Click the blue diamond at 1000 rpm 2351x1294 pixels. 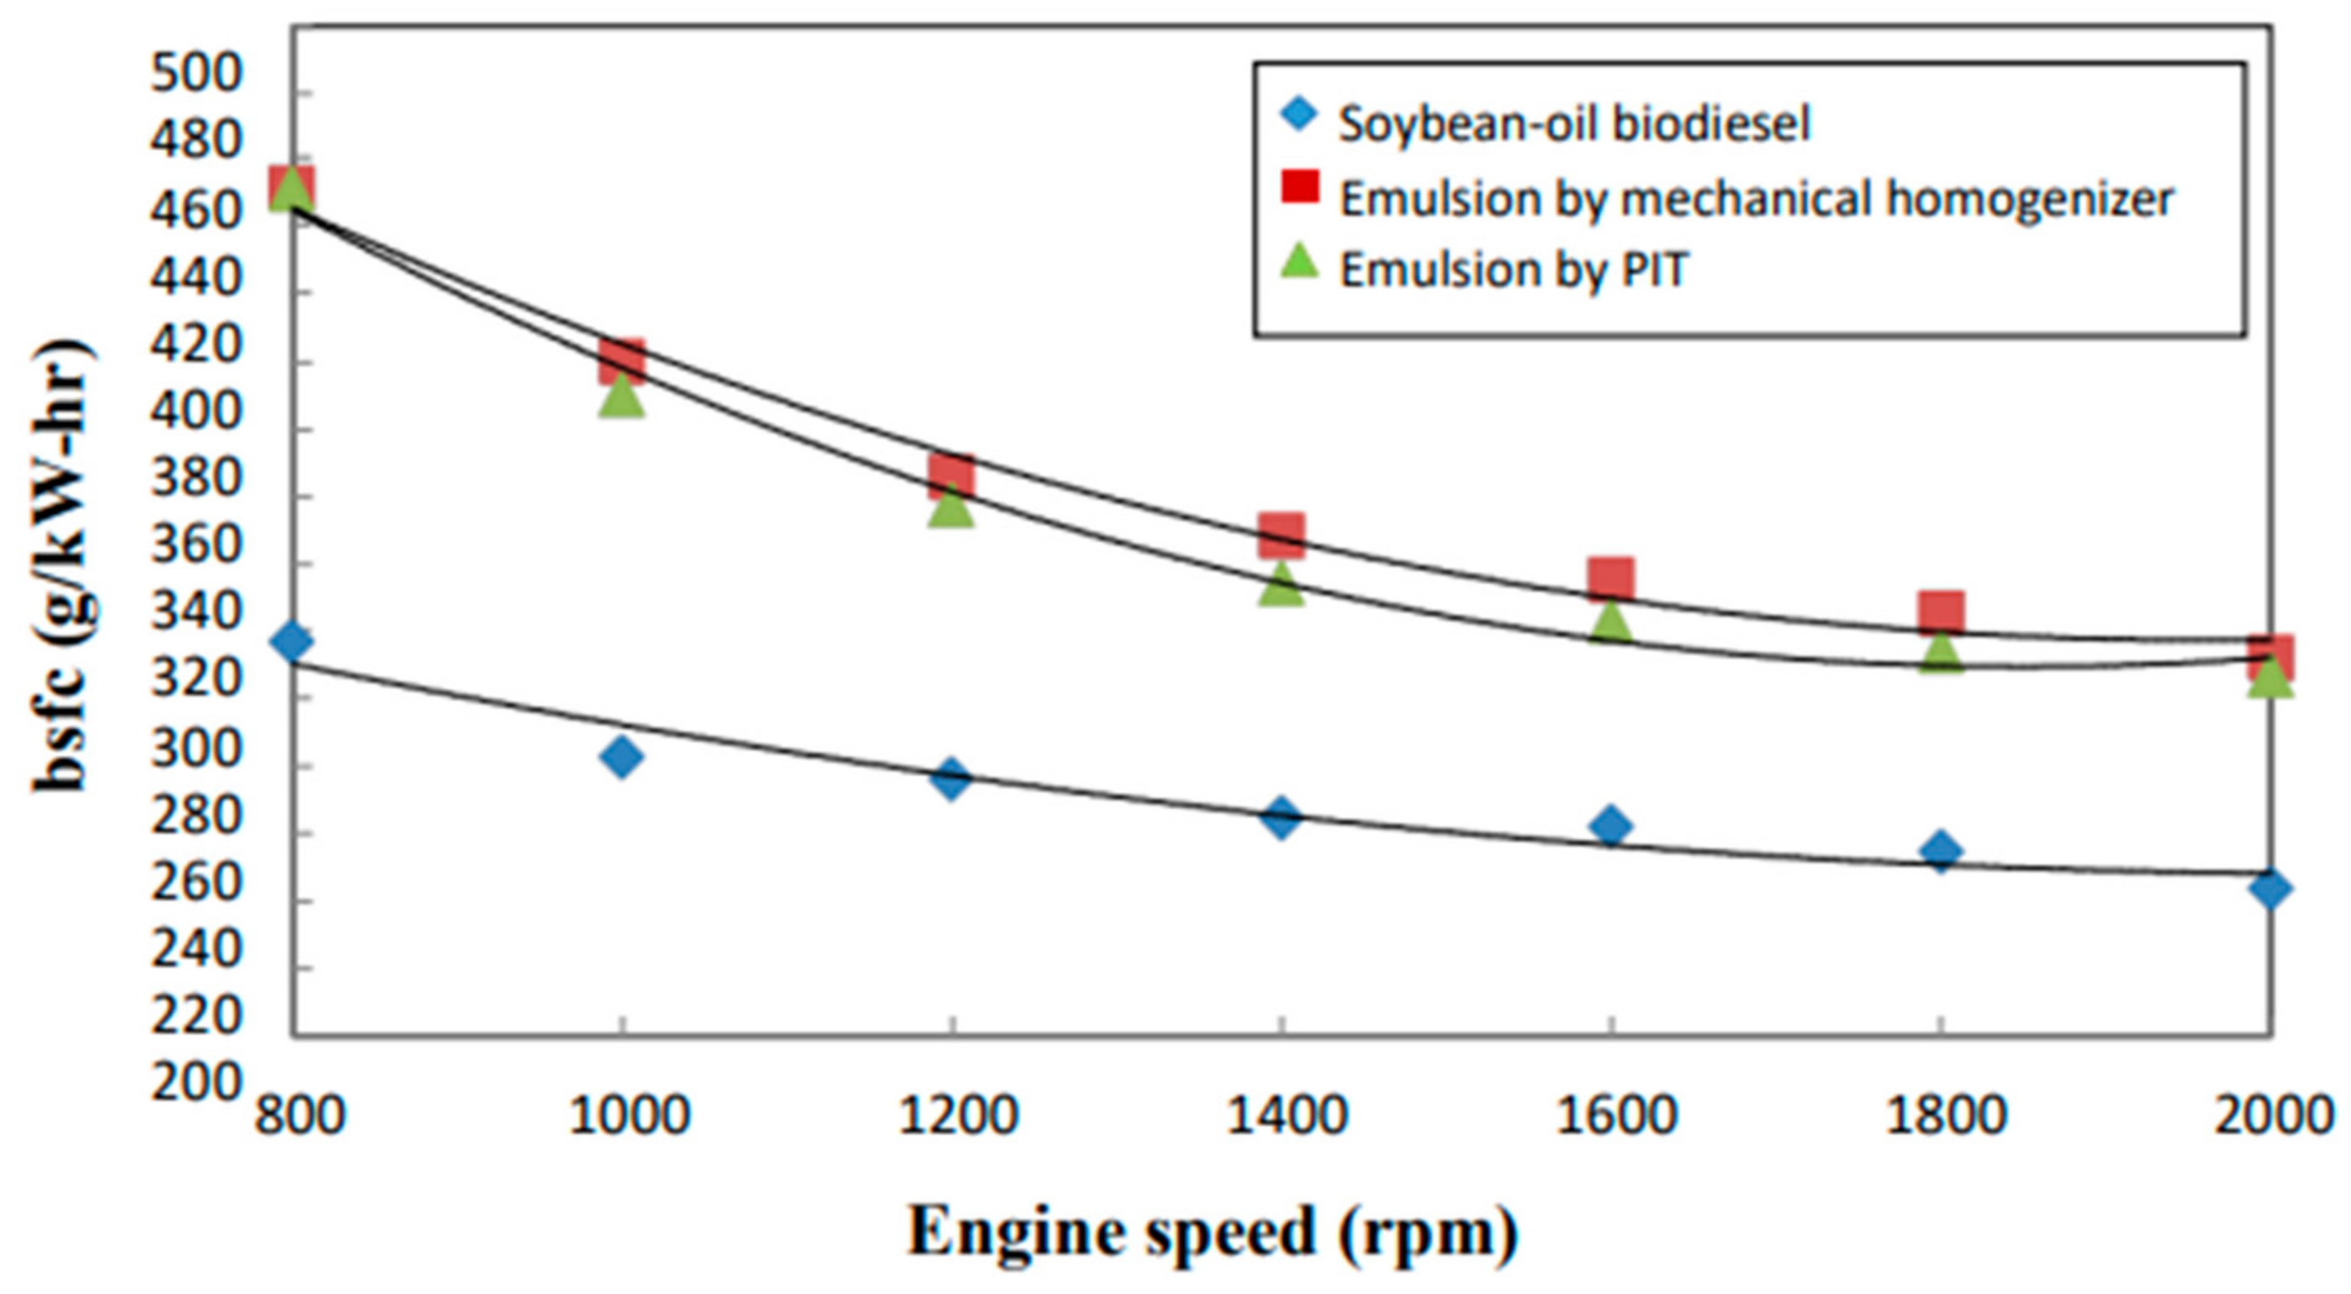click(x=622, y=757)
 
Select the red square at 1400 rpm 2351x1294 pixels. click(x=1281, y=536)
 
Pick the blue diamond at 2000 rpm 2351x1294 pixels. click(x=2270, y=888)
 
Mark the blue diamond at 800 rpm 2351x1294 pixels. click(x=292, y=642)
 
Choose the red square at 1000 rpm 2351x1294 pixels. click(x=622, y=361)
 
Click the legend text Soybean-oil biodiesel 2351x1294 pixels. click(x=1573, y=123)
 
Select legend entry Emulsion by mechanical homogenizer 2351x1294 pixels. click(x=1756, y=197)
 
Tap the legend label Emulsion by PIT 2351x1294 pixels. click(x=1514, y=270)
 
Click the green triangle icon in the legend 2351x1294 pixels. click(x=1300, y=263)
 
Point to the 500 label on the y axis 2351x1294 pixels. click(x=196, y=75)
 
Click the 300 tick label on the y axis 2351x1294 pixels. click(x=196, y=751)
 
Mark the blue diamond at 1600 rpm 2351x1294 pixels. click(x=1611, y=827)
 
